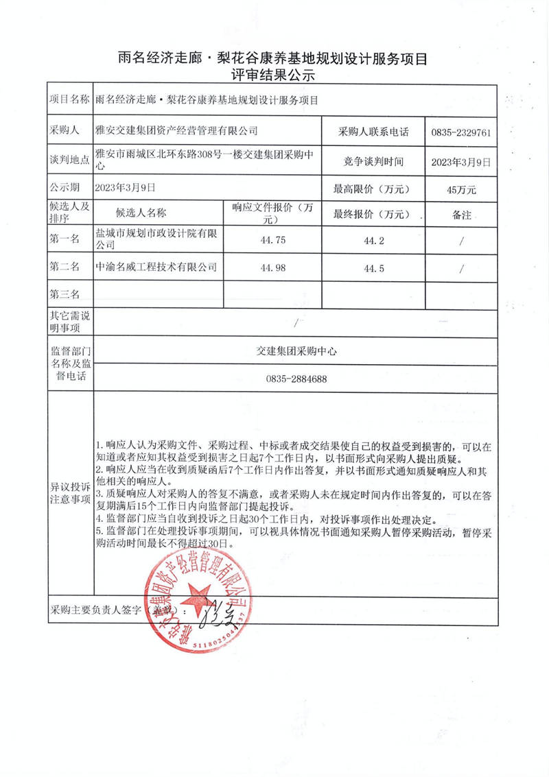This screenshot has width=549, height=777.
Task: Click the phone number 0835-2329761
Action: [x=460, y=132]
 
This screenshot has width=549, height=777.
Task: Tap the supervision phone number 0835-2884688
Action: [x=296, y=379]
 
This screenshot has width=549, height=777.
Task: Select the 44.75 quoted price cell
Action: [x=273, y=240]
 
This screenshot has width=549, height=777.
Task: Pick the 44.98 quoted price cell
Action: [x=273, y=267]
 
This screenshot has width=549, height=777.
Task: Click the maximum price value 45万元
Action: [x=460, y=189]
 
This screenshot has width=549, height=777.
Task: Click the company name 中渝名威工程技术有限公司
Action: [x=156, y=267]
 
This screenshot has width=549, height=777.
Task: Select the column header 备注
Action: [x=461, y=215]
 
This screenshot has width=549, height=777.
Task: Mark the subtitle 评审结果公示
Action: [x=273, y=76]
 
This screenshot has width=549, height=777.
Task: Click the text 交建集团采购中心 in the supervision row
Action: [x=295, y=350]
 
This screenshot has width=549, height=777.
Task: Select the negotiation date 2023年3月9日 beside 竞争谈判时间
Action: [x=460, y=162]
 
